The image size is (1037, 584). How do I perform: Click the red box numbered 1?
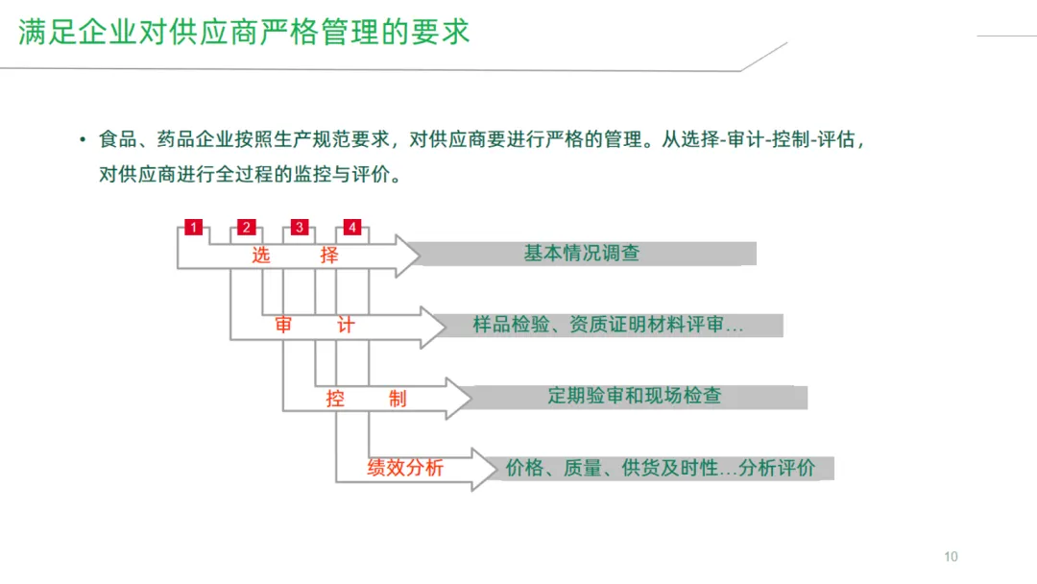coord(194,228)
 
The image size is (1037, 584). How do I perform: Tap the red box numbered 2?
coord(247,228)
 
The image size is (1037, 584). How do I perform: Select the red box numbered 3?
coord(300,228)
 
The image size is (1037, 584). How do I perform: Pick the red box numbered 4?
coord(352,228)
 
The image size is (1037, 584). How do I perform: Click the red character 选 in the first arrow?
coord(261,255)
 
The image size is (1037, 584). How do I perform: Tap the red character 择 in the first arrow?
coord(329,255)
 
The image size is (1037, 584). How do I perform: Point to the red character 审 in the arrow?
coord(283,326)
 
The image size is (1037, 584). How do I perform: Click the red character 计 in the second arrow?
coord(346,326)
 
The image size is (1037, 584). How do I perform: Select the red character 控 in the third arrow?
coord(335,398)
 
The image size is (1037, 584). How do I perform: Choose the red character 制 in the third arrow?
coord(398,398)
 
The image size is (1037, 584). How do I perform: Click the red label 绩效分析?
coord(405,469)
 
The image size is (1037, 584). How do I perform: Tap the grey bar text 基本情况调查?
coord(582,254)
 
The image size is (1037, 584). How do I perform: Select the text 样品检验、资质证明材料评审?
coord(609,326)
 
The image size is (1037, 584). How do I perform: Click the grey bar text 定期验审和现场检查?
coord(635,396)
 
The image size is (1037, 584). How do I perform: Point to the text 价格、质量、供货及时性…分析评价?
coord(661,469)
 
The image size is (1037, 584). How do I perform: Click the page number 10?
coord(951,557)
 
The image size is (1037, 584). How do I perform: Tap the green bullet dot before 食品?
coord(84,140)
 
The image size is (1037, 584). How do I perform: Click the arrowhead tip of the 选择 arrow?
coord(419,255)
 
